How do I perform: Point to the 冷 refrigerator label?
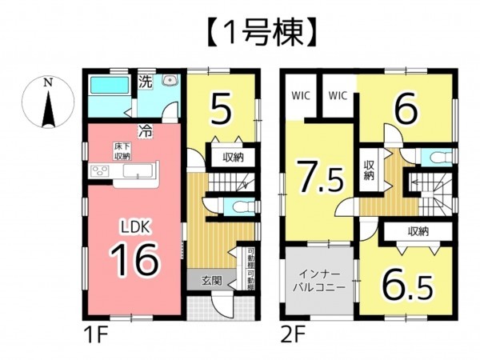click(x=146, y=128)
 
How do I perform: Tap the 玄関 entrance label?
click(x=211, y=280)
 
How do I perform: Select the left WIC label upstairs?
click(x=300, y=95)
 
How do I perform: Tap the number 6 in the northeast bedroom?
click(x=406, y=110)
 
